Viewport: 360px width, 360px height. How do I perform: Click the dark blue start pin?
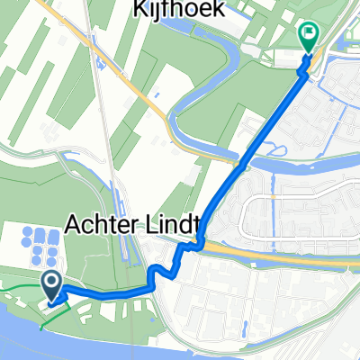(51, 287)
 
